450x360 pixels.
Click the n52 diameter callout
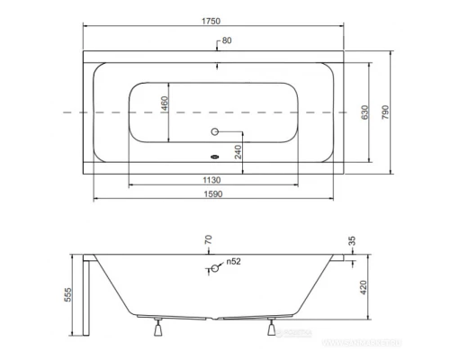coord(232,262)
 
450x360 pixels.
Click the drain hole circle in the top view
coord(213,133)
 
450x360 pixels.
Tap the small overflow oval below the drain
coord(213,152)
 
